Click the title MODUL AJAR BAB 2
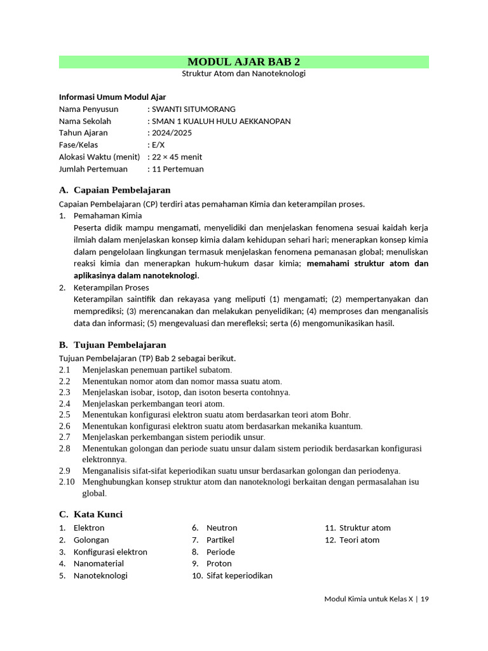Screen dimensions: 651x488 [243, 62]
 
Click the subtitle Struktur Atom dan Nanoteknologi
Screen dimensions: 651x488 [243, 74]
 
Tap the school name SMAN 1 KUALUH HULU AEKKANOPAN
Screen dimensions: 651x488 [220, 121]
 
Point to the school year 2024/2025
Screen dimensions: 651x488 [172, 133]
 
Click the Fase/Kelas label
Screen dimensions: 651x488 [78, 145]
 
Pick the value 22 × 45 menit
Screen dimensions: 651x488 [177, 157]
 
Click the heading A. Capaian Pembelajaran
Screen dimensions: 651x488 [114, 190]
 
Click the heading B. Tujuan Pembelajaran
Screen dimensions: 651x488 [112, 345]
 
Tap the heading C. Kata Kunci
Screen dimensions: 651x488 [91, 514]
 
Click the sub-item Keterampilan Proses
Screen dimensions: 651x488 [111, 287]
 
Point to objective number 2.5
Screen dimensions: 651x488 [64, 415]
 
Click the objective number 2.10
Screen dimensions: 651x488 [67, 482]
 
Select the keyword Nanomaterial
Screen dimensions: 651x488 [98, 563]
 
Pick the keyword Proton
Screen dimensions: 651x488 [219, 563]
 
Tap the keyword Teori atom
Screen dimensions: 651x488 [359, 540]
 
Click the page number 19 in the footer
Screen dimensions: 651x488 [424, 599]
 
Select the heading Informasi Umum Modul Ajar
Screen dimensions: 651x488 [112, 97]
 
